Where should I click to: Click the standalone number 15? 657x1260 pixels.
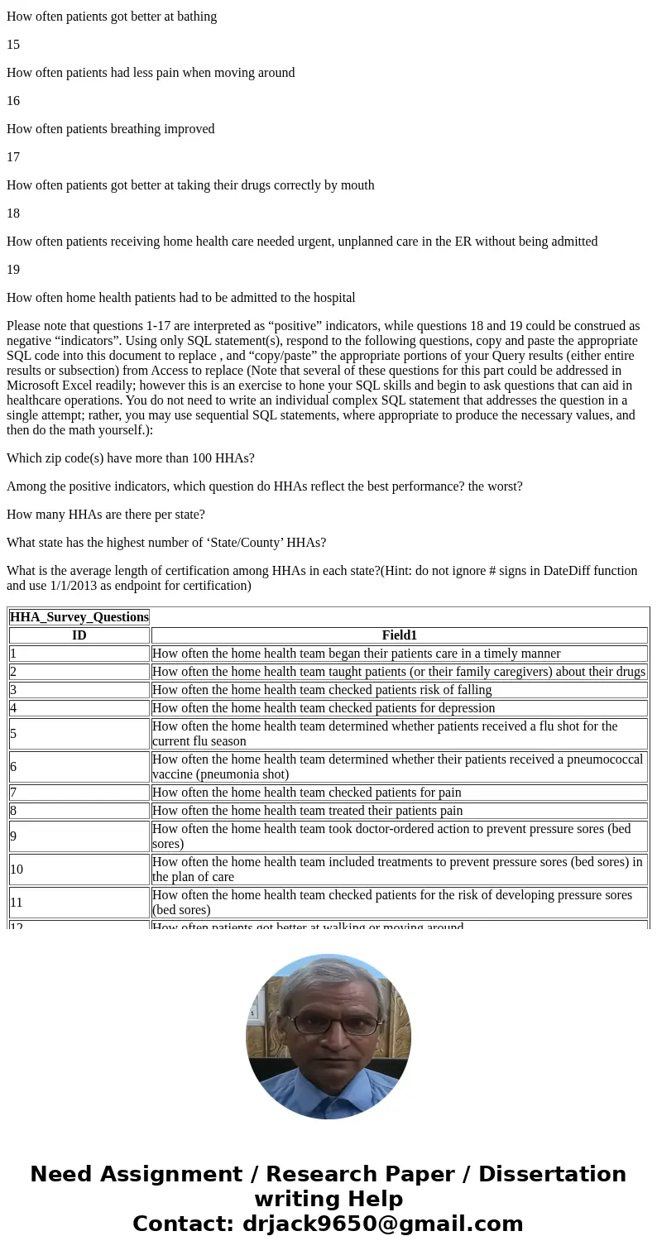click(x=13, y=45)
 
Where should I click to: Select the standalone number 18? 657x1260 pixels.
click(x=13, y=213)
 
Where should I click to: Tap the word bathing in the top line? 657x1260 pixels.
click(x=195, y=17)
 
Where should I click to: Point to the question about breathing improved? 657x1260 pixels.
click(x=110, y=129)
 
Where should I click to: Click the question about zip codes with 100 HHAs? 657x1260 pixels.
click(x=131, y=458)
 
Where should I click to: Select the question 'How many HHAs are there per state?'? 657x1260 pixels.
click(x=106, y=515)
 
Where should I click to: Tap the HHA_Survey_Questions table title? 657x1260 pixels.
click(x=79, y=617)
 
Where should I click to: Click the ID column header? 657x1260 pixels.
click(x=79, y=635)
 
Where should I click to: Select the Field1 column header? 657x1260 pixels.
click(x=399, y=635)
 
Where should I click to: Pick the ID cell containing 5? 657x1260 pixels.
click(x=13, y=734)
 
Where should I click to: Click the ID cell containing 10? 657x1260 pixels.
click(x=17, y=870)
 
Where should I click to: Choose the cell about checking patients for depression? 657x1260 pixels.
click(x=324, y=708)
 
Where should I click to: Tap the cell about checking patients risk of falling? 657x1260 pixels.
click(x=322, y=690)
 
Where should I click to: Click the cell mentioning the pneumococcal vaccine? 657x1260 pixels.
click(x=397, y=767)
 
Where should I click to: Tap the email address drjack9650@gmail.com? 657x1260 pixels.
click(x=382, y=1224)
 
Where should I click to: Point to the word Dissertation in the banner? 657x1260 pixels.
click(x=552, y=1175)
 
